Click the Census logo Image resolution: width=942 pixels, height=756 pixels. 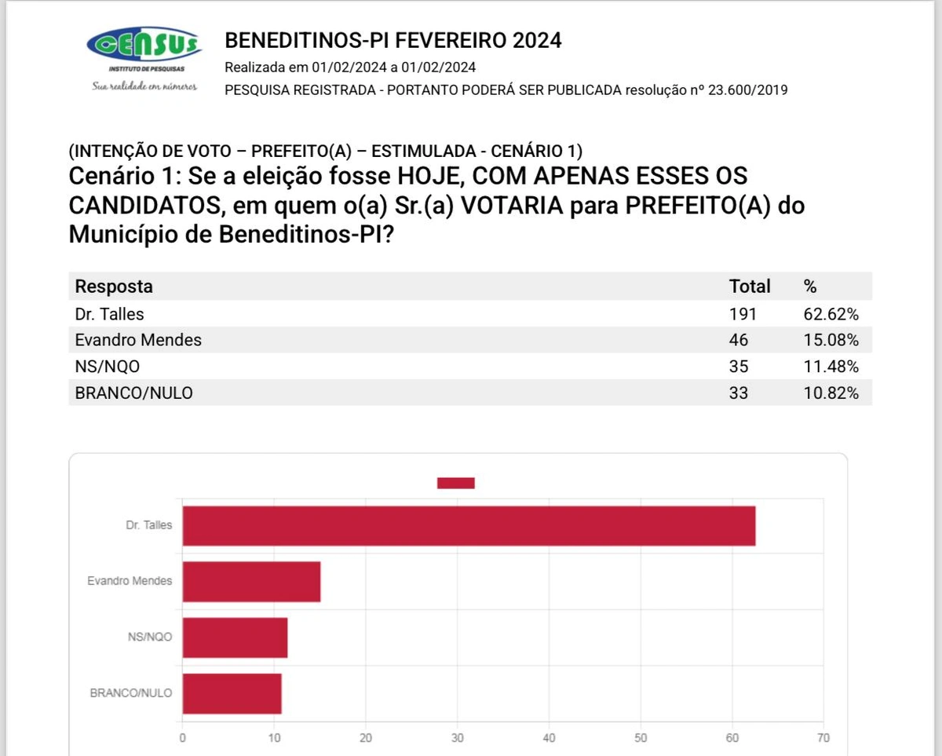tap(144, 46)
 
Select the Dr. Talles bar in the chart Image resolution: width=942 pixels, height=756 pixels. tap(469, 526)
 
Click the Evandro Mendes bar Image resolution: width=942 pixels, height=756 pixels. tap(251, 582)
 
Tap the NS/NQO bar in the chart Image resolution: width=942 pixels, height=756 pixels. tap(235, 637)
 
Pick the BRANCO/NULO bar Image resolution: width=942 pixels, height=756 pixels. tap(232, 694)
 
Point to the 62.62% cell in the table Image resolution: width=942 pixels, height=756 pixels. tap(831, 314)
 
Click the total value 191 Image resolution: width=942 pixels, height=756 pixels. tap(743, 314)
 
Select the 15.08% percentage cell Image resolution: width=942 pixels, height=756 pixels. tap(831, 340)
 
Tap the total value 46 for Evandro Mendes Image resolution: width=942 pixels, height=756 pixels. tap(739, 340)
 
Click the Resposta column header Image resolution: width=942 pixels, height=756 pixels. tap(114, 287)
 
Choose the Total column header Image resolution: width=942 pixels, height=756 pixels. tap(750, 287)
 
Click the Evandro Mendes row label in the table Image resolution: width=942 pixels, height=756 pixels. tap(138, 340)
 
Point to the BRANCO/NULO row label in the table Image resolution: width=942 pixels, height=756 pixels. tap(133, 393)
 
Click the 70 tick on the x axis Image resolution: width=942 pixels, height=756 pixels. tap(823, 738)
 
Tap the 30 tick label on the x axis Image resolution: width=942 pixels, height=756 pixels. tap(457, 738)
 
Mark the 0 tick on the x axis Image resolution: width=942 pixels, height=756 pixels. tap(183, 738)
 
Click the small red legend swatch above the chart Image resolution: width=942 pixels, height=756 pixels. tap(455, 483)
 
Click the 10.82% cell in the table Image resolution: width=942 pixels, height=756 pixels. tap(831, 393)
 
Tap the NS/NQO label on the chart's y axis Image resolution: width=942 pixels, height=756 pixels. tap(149, 637)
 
